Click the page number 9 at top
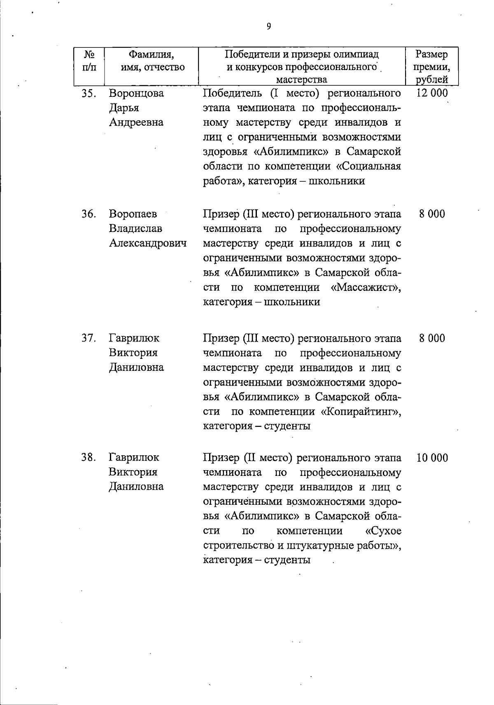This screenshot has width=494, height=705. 269,27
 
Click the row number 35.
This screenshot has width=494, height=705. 89,94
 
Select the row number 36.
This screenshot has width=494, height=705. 89,214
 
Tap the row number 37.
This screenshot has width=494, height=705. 89,338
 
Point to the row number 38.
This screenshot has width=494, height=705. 89,457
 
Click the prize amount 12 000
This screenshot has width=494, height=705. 432,93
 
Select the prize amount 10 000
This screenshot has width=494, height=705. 432,458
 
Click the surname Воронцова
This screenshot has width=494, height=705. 136,94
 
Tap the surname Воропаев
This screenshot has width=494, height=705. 133,214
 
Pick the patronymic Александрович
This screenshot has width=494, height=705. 147,243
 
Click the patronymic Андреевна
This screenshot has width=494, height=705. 136,122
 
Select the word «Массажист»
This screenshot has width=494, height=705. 366,287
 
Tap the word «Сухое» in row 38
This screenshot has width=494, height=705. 383,531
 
